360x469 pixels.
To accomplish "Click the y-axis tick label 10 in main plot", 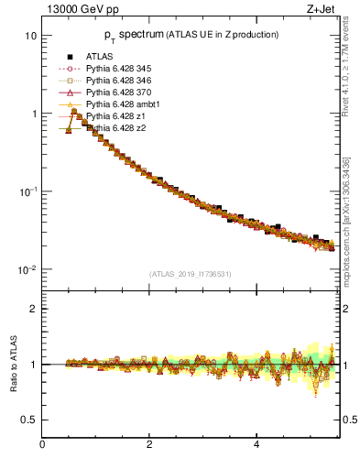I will tap(30, 36).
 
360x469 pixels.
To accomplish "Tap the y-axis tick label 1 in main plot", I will tap(33, 114).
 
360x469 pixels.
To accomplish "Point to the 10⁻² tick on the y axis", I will tap(27, 269).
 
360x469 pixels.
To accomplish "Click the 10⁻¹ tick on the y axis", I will tap(27, 191).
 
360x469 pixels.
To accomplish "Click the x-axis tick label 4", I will tap(256, 446).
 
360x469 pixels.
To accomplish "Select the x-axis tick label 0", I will tap(43, 446).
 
